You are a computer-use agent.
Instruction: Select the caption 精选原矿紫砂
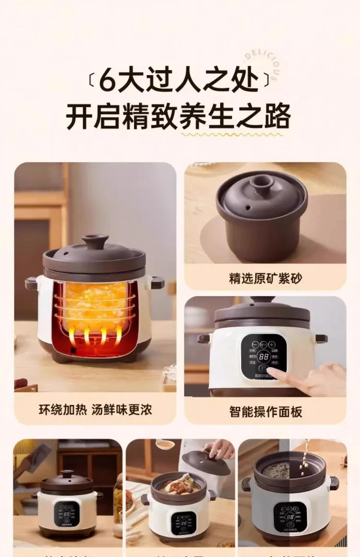tap(265, 279)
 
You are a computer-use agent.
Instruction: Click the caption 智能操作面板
tap(265, 412)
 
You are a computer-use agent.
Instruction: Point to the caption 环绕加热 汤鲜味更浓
tap(95, 410)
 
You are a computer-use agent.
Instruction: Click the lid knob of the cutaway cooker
tap(95, 240)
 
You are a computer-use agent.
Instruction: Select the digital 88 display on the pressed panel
tap(263, 356)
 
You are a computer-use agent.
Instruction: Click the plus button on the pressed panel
tap(272, 344)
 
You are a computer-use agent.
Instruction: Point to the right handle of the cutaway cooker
tap(157, 283)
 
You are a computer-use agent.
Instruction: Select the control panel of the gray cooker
tap(290, 516)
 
